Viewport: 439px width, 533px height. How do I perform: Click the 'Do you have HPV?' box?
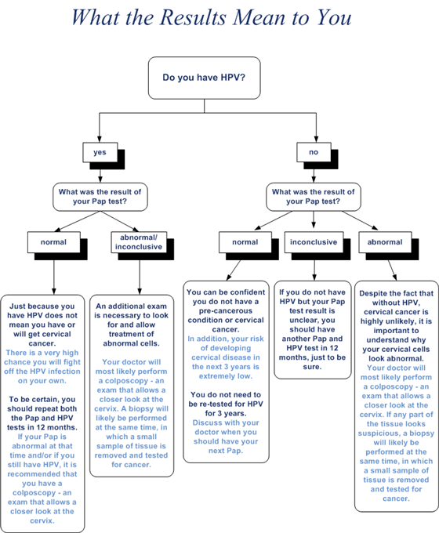coord(205,78)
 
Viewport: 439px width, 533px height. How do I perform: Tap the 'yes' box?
coord(100,152)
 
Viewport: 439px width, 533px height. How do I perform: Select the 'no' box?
coord(314,152)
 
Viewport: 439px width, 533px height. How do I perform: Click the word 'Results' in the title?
coord(193,17)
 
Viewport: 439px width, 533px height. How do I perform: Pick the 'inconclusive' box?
coord(314,242)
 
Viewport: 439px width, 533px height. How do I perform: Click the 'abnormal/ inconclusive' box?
coord(139,242)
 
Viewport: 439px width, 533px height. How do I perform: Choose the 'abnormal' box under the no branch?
coord(385,242)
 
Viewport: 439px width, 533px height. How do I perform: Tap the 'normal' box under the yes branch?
coord(54,242)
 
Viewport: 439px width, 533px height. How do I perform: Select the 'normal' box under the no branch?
coord(245,242)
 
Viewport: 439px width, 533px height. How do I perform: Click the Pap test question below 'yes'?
coord(100,197)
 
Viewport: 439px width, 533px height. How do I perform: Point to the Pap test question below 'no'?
coord(314,197)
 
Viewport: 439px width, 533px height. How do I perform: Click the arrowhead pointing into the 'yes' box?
coord(100,140)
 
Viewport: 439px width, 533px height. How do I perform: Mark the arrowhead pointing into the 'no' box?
coord(316,140)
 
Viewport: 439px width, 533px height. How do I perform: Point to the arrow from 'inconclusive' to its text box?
coord(314,270)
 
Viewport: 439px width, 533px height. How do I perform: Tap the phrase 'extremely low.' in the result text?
coord(226,376)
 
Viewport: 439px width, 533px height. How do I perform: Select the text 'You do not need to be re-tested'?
coord(225,400)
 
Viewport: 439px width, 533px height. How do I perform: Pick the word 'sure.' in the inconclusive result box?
coord(312,367)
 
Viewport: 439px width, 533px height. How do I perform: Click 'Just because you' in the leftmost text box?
coord(42,306)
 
